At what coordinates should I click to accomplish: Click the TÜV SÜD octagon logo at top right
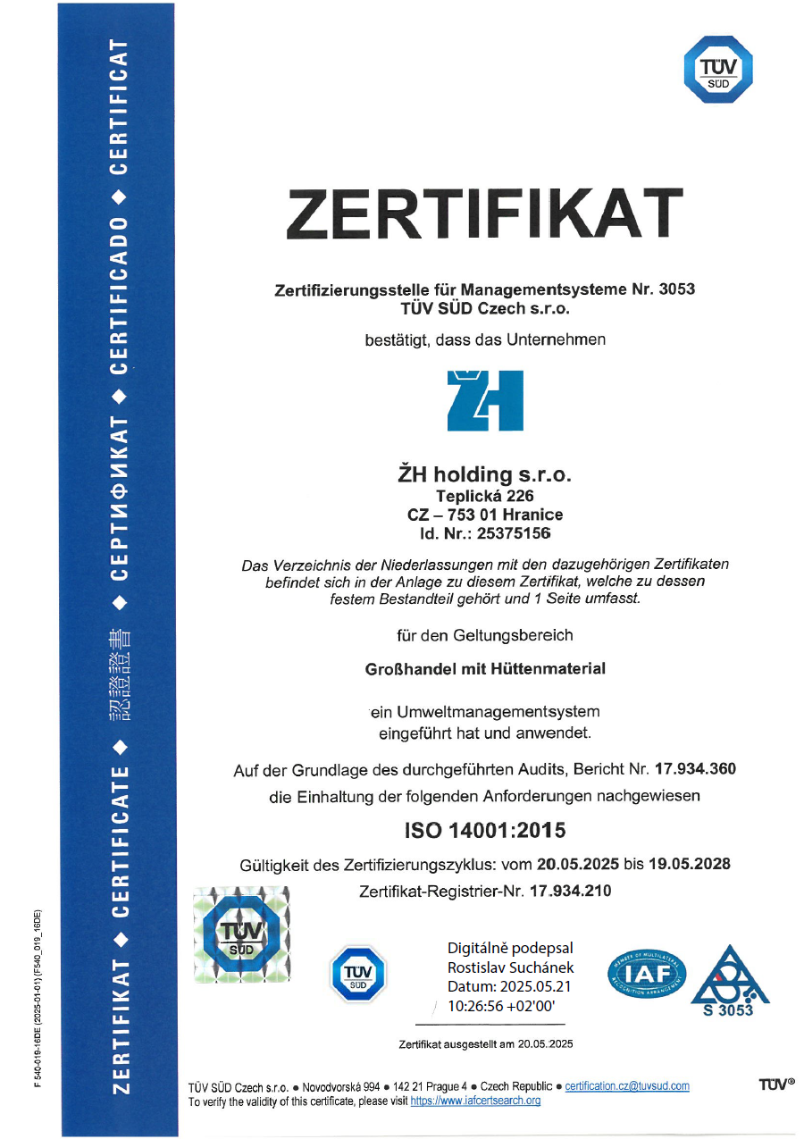[x=717, y=69]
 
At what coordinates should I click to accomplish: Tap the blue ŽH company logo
[x=484, y=399]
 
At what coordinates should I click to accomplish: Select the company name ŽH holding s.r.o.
[x=484, y=473]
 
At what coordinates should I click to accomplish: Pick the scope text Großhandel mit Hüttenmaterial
[x=485, y=668]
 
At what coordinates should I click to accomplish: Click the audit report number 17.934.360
[x=695, y=768]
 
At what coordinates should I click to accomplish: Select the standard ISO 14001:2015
[x=485, y=830]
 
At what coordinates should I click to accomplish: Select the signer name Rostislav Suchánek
[x=510, y=967]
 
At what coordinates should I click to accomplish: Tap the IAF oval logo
[x=648, y=973]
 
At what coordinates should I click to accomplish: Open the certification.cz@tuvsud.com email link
[x=627, y=1085]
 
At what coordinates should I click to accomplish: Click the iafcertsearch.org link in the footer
[x=475, y=1101]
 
